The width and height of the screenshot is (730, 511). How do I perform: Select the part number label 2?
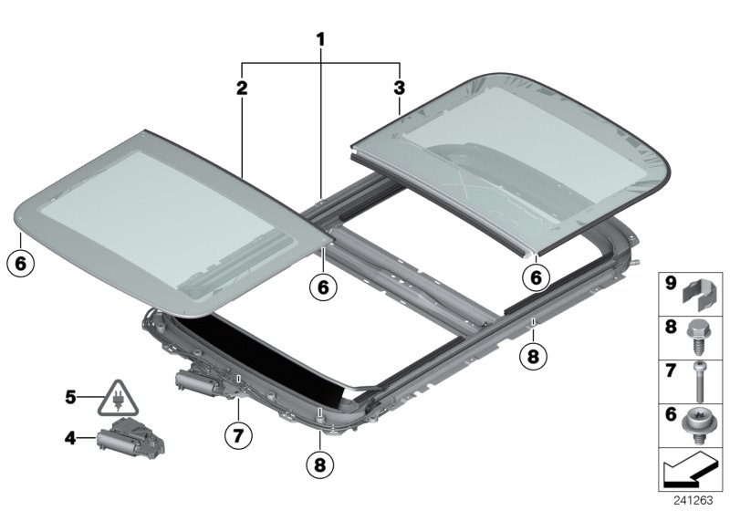coord(241,88)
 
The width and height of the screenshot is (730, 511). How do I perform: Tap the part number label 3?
coord(399,88)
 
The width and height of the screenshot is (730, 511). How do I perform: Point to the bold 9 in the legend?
coord(669,284)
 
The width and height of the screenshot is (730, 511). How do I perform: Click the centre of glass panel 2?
coord(173,219)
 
